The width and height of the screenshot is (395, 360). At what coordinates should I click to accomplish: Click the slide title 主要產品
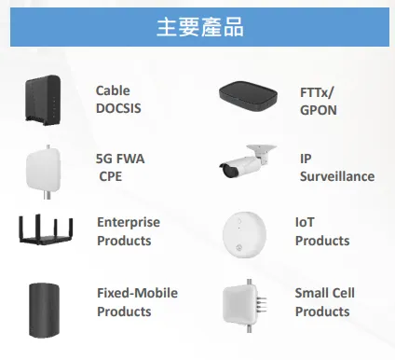tap(198, 27)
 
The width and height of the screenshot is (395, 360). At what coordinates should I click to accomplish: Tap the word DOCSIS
tap(119, 107)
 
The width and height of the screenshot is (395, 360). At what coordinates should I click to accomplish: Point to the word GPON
tap(319, 109)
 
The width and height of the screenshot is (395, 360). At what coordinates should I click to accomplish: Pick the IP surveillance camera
tap(247, 166)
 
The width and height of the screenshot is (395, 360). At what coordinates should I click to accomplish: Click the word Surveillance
tap(336, 175)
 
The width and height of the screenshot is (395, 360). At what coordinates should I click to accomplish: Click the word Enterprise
tap(129, 222)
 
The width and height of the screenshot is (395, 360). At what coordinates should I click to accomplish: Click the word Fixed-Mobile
tap(137, 293)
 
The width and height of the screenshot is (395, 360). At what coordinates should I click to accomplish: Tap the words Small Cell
tap(324, 293)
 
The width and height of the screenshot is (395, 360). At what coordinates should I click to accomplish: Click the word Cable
tap(113, 90)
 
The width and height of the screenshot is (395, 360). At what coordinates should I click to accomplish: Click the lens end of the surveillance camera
tap(225, 171)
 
